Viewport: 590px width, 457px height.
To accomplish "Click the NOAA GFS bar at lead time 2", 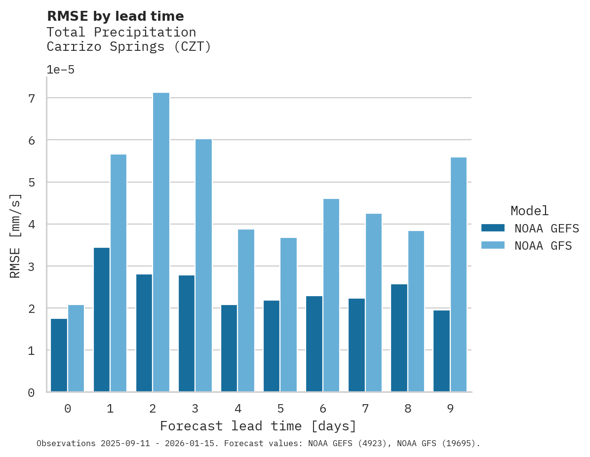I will point(161,242).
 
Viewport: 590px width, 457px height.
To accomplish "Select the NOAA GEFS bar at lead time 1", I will point(102,320).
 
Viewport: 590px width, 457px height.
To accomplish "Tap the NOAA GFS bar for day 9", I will point(458,274).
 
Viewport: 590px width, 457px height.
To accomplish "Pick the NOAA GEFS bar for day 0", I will point(59,355).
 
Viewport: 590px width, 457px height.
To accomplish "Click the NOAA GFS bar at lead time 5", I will point(288,315).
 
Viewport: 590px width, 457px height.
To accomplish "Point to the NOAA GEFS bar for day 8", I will point(399,338).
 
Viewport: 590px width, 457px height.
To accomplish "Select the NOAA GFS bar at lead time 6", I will point(331,295).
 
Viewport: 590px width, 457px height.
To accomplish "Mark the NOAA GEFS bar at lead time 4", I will point(229,348).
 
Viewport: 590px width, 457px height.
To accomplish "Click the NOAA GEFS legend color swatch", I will point(493,228).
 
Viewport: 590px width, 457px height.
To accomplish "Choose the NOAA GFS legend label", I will point(543,246).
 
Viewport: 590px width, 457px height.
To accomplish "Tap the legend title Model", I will point(529,211).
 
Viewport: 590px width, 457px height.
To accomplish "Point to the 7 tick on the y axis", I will point(32,98).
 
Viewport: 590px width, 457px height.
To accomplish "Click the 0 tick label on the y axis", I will point(32,392).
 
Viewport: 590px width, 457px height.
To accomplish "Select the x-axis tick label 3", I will point(195,409).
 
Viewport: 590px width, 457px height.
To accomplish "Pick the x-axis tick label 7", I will point(365,409).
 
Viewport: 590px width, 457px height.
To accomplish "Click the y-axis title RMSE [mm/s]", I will point(16,236).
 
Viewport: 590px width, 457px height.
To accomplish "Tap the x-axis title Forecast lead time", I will point(258,426).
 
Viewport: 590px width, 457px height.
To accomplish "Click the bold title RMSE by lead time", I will point(115,16).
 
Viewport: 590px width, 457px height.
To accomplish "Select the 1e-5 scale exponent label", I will point(60,70).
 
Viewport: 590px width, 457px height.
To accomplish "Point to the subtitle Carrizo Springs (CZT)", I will point(128,47).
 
